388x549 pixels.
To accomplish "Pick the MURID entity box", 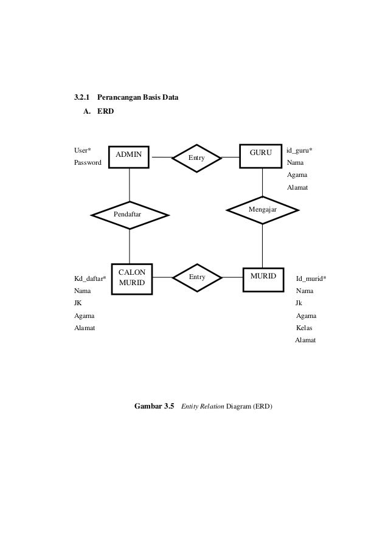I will (x=263, y=277).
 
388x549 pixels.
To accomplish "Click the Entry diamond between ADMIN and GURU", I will (x=196, y=157).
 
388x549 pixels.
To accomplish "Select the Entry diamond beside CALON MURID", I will (x=196, y=277).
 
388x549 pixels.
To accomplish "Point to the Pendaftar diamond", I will (x=129, y=215).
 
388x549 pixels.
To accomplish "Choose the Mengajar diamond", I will (x=263, y=209).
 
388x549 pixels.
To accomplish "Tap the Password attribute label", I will (x=88, y=163).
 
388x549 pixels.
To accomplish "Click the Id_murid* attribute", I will (x=311, y=279).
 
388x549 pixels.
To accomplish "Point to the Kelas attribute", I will (x=304, y=328).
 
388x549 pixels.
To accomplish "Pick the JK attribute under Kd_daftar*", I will (x=78, y=303).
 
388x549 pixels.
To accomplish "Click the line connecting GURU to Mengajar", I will (x=263, y=181).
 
